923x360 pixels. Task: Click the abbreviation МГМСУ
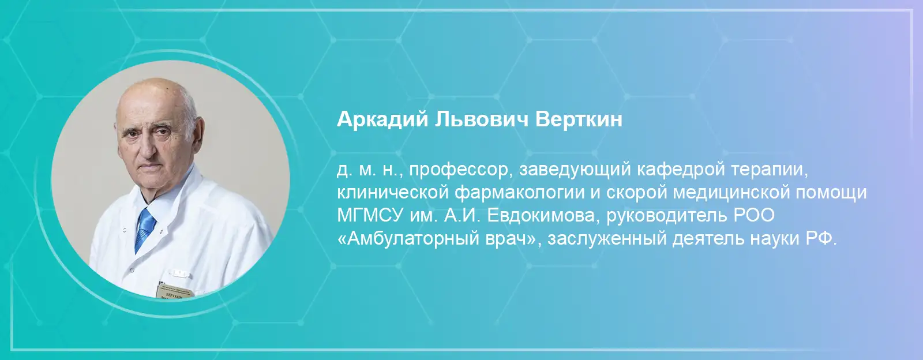tap(369, 216)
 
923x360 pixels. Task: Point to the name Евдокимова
tap(542, 216)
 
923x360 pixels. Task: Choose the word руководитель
tap(667, 216)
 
